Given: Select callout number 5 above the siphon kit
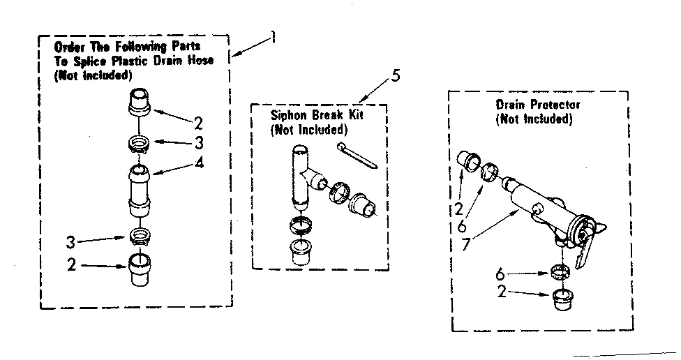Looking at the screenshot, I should coord(396,76).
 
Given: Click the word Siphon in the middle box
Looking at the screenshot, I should coord(287,114).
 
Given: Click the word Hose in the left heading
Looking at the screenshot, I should coord(201,60).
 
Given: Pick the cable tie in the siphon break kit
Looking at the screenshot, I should coord(357,153).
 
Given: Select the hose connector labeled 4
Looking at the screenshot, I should coord(138,187).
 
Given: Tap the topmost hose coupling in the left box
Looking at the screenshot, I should coord(140,103).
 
